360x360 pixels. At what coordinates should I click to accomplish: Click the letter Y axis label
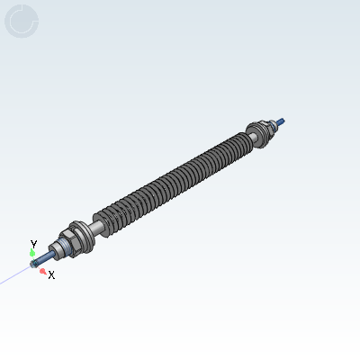[x=33, y=244]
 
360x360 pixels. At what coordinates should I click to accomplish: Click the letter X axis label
[x=51, y=274]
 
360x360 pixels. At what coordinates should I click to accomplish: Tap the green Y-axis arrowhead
[x=33, y=253]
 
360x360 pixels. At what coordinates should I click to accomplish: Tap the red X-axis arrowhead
[x=43, y=269]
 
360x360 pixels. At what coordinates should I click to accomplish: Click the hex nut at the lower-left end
[x=67, y=243]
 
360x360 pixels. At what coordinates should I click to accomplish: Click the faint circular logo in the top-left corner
[x=21, y=20]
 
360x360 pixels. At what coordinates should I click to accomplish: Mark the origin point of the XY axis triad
[x=35, y=263]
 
